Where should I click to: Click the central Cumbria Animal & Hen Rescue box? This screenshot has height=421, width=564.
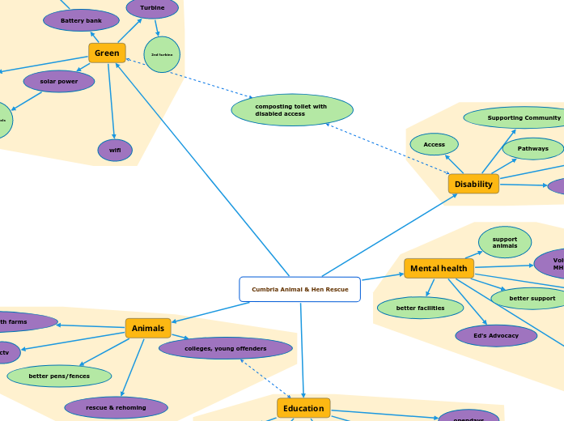[299, 289]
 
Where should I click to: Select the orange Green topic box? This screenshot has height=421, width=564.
[107, 53]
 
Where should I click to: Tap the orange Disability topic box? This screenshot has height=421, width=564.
[473, 185]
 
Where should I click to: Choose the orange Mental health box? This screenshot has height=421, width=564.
[439, 269]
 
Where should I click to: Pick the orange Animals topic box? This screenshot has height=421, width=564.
[148, 328]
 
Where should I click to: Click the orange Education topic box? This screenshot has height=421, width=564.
[303, 408]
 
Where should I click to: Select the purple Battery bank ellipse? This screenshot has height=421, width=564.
[81, 20]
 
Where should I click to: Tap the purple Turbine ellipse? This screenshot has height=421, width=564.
[152, 8]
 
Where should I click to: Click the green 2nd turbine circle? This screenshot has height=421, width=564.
[162, 54]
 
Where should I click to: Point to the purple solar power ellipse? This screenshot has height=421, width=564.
[59, 82]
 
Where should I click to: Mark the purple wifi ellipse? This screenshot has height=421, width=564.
[115, 150]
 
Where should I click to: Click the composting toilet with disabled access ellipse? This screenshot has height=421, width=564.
[292, 110]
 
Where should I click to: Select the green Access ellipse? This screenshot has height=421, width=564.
[435, 144]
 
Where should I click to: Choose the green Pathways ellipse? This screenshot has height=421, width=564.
[532, 148]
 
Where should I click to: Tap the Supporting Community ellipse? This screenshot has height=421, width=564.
[518, 118]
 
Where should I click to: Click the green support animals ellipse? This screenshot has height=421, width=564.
[505, 242]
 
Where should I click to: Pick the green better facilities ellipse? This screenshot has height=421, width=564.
[420, 308]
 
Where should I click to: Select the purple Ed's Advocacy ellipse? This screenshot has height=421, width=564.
[496, 335]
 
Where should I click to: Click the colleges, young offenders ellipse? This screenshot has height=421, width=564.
[226, 348]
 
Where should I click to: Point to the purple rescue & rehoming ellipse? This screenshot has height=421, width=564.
[116, 407]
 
